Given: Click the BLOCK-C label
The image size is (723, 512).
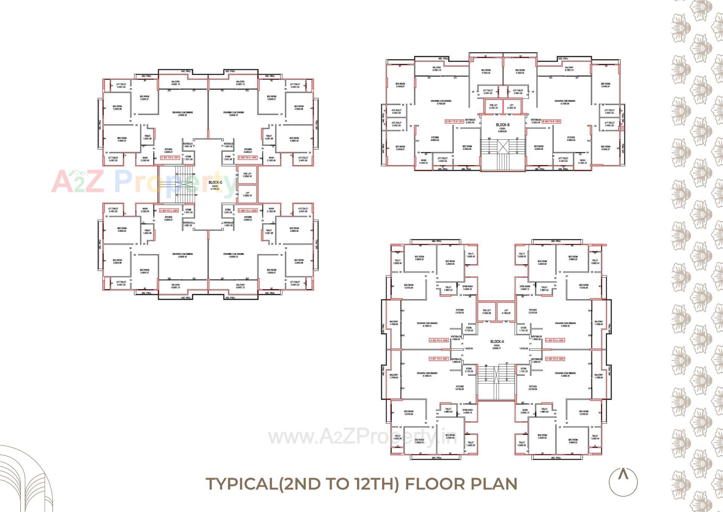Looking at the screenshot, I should [215, 183].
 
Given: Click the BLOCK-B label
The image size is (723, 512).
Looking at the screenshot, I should [502, 125].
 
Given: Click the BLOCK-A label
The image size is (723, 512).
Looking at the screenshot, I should [497, 342].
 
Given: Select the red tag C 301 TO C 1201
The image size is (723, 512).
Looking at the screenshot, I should [170, 158].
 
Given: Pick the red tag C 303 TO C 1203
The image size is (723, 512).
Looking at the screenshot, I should [248, 211].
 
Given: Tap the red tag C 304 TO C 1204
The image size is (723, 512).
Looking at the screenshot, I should [169, 211].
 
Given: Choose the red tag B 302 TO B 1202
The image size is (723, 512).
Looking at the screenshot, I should [551, 122].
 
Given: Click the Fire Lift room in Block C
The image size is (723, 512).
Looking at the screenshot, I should [247, 175].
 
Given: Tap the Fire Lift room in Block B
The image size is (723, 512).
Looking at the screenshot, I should [493, 107].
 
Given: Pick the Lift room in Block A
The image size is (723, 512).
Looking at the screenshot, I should [506, 312].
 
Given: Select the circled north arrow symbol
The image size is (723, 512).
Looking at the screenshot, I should [623, 482].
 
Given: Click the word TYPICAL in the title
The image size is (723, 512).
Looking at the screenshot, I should [241, 484].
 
